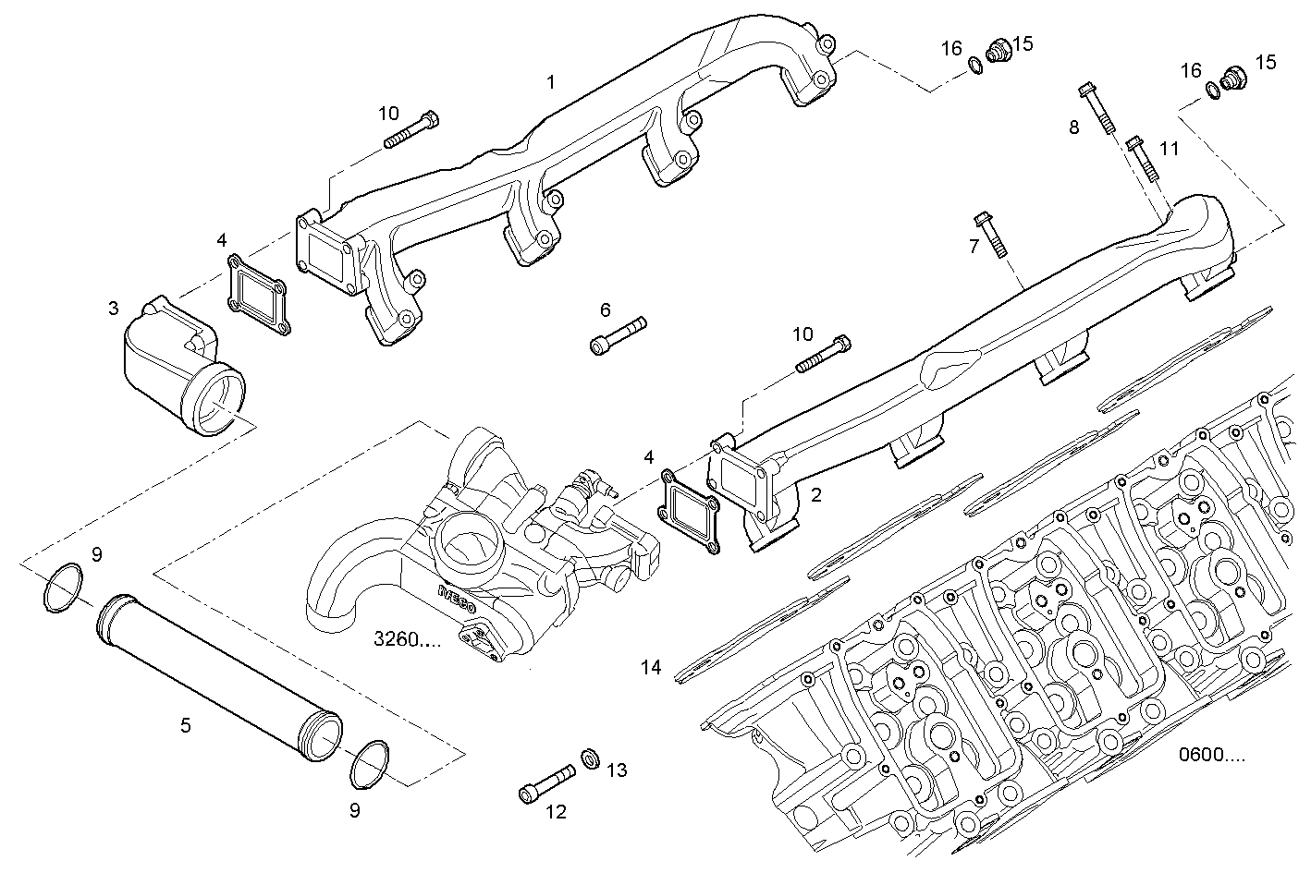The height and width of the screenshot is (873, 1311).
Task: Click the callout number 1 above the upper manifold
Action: pos(551,82)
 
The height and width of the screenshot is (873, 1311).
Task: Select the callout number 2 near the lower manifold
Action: pos(815,495)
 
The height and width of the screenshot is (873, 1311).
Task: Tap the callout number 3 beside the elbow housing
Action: pos(113,309)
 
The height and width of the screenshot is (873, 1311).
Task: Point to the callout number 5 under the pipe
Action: pos(186,725)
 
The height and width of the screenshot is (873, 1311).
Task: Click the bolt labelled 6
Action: pos(618,333)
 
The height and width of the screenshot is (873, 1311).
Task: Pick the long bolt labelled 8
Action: pos(1097,109)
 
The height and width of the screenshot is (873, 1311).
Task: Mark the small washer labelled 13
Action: pos(589,759)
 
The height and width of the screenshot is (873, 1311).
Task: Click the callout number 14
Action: pos(652,667)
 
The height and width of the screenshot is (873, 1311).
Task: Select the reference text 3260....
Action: pos(408,638)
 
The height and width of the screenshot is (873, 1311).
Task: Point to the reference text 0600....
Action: pos(1211,755)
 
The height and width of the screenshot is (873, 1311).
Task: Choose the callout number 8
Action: pos(1073,127)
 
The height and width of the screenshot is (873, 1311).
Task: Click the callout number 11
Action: pos(1170,148)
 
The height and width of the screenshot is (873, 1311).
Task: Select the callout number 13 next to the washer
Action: pos(617,770)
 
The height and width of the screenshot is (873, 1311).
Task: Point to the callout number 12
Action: pos(556,812)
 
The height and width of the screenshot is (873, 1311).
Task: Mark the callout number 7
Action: pos(973,246)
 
